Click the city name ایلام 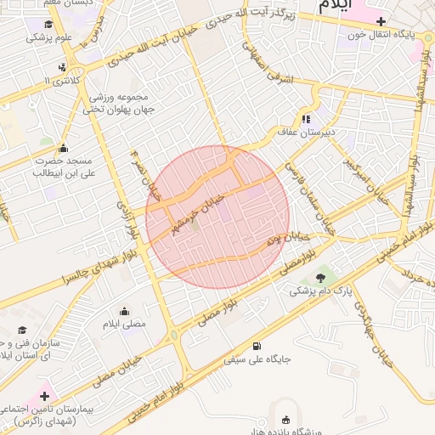click(337, 6)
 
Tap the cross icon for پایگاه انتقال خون click(380, 21)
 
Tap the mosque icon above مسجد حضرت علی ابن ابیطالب click(63, 147)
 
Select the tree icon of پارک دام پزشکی click(320, 277)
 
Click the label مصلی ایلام click(124, 325)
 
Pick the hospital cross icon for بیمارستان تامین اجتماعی click(44, 396)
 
